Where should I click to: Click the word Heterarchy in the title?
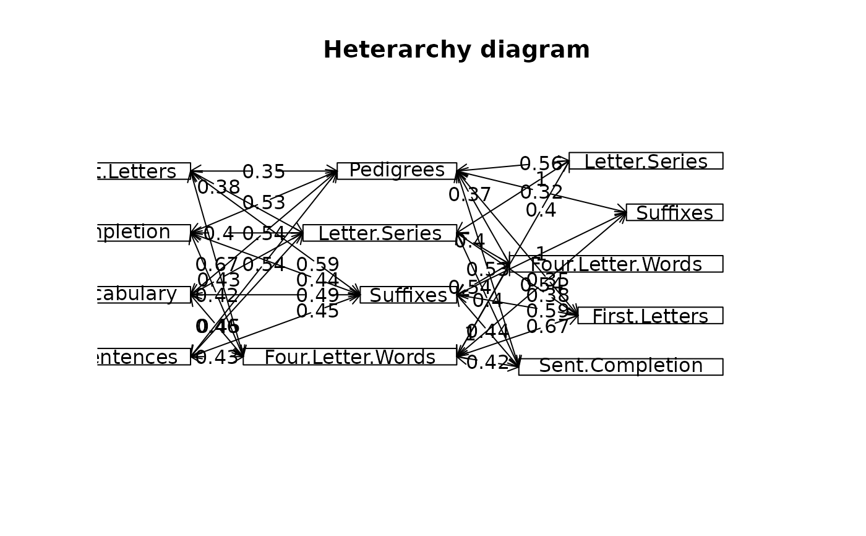pyautogui.click(x=388, y=50)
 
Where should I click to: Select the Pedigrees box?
pyautogui.click(x=397, y=171)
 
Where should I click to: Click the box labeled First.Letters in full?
pyautogui.click(x=649, y=316)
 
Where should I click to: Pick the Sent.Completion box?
pyautogui.click(x=620, y=366)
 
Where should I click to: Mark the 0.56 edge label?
pyautogui.click(x=541, y=164)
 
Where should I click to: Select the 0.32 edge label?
pyautogui.click(x=541, y=192)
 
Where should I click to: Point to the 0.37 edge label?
pyautogui.click(x=469, y=195)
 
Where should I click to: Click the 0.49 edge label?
pyautogui.click(x=317, y=296)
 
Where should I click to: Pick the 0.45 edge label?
pyautogui.click(x=317, y=311)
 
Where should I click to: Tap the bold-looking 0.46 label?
pyautogui.click(x=217, y=327)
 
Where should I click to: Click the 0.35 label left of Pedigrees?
pyautogui.click(x=264, y=172)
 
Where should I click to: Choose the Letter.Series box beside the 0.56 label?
pyautogui.click(x=646, y=161)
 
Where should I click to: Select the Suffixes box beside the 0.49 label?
pyautogui.click(x=408, y=295)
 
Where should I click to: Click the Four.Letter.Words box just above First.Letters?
pyautogui.click(x=616, y=264)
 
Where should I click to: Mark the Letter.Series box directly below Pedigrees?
pyautogui.click(x=379, y=233)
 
